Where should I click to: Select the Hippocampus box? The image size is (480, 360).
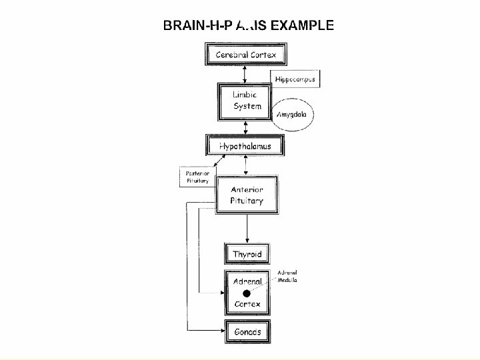[x=295, y=79]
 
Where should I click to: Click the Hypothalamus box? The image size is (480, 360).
[x=245, y=145]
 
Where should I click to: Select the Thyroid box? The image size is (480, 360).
[x=247, y=254]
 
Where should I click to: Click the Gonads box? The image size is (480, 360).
[x=247, y=331]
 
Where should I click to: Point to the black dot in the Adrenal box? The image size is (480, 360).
[x=247, y=293]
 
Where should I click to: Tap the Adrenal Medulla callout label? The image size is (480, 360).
[x=287, y=277]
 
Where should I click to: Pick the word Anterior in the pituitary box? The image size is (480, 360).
[x=247, y=189]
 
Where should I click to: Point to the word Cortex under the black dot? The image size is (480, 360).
[x=247, y=305]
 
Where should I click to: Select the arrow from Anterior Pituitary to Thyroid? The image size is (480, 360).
[x=247, y=227]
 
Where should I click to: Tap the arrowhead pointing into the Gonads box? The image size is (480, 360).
[x=222, y=331]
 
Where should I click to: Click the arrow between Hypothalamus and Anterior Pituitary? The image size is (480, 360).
[x=247, y=165]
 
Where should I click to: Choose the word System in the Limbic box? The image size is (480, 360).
[x=247, y=107]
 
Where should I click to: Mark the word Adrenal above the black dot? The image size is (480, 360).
[x=247, y=282]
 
